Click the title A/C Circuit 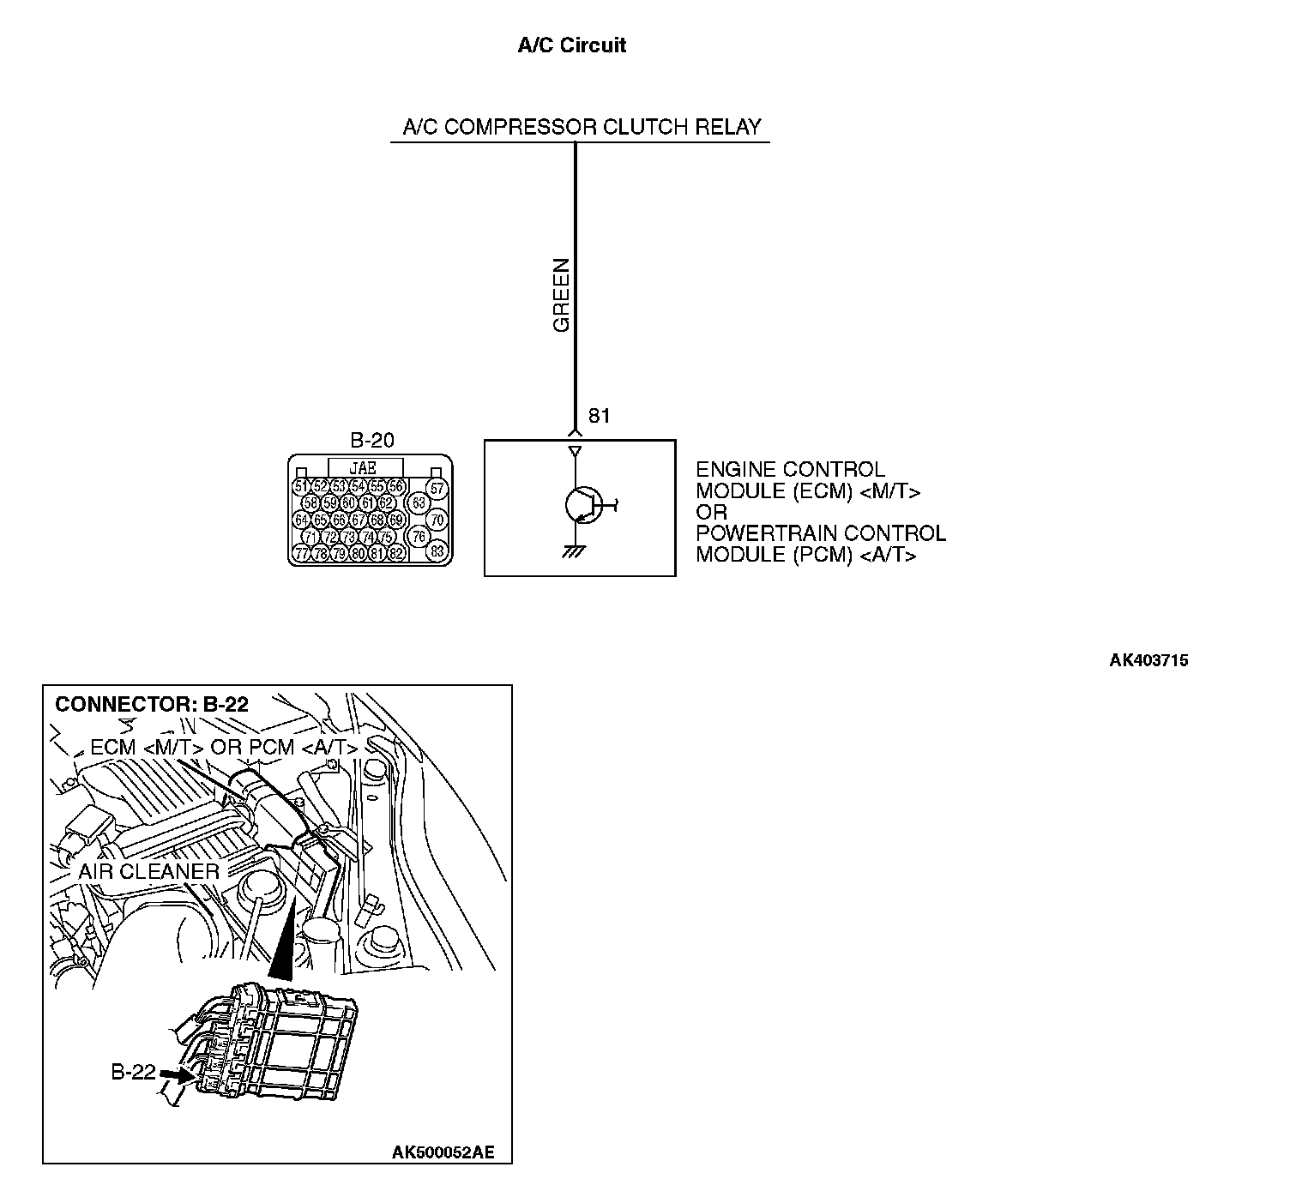[571, 45]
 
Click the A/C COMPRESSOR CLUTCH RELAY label [582, 128]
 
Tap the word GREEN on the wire [562, 295]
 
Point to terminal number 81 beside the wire [599, 416]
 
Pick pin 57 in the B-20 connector [437, 489]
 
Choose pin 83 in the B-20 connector [437, 551]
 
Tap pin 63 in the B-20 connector [419, 502]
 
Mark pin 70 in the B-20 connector [437, 520]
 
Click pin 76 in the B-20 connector [419, 537]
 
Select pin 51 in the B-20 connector [301, 487]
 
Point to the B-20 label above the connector [372, 441]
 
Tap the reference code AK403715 [1148, 660]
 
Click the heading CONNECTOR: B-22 [152, 704]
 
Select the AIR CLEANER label [149, 871]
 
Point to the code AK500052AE [443, 1152]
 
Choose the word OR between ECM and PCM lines [711, 512]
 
